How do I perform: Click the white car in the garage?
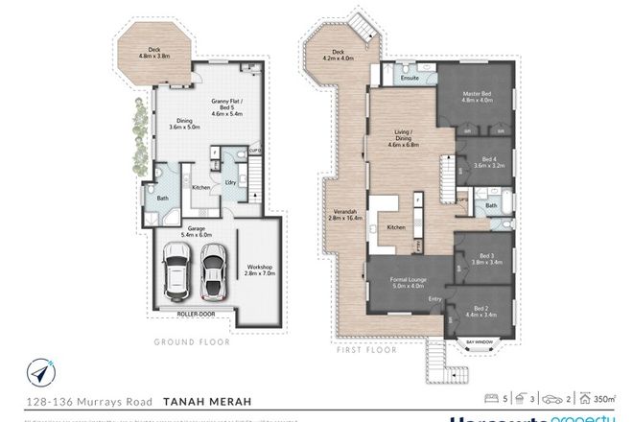pos(176,271)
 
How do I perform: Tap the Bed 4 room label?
pos(489,162)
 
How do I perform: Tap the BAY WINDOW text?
pos(479,340)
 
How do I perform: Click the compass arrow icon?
pos(39,369)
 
